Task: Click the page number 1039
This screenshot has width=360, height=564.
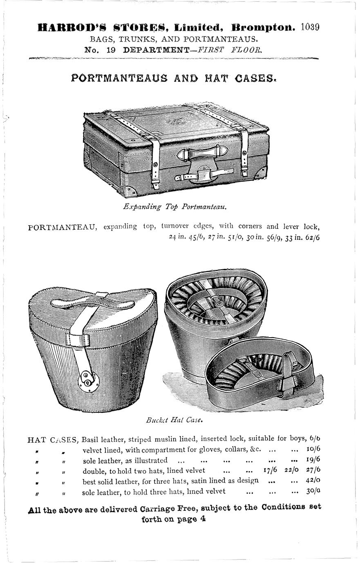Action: [x=309, y=28]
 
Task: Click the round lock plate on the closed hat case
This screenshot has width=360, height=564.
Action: [x=88, y=378]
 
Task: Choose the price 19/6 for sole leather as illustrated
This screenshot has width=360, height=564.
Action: [x=313, y=460]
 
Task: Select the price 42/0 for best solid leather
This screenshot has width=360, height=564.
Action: [x=313, y=481]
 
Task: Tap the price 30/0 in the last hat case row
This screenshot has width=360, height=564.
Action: [x=313, y=491]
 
